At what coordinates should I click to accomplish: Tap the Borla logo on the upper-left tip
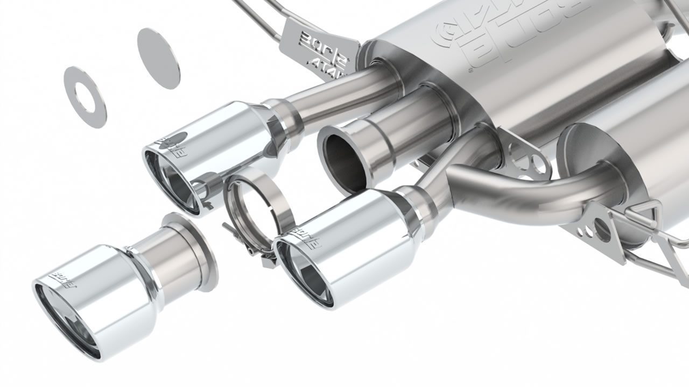[x=171, y=146]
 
